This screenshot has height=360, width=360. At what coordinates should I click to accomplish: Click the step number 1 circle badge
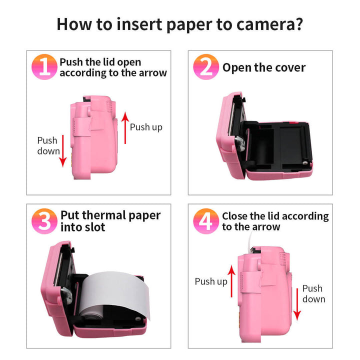pos(45,67)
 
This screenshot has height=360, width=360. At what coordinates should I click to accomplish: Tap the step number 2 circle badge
pos(206,67)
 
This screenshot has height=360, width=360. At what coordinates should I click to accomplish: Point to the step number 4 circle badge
pos(206,221)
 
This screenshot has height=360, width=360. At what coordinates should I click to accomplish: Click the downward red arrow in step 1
pos(63,150)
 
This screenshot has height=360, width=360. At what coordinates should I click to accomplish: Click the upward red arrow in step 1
pos(125,127)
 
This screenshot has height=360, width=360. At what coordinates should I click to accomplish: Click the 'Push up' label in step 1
pos(146,127)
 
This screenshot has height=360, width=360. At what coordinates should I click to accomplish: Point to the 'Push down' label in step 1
pos(48,145)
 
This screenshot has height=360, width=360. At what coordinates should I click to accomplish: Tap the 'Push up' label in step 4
pos(211,281)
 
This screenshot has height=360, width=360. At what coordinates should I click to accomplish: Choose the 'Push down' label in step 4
pos(313,293)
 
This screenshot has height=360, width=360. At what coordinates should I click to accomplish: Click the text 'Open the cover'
pos(264,67)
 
